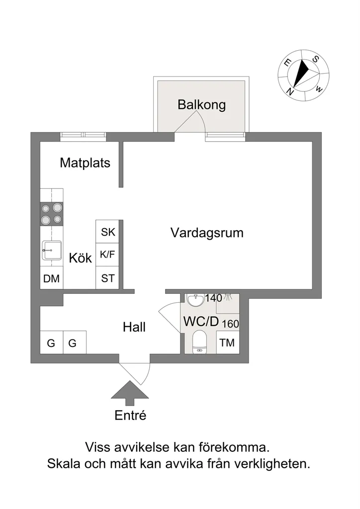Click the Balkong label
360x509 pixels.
[201, 105]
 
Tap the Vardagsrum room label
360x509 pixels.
[207, 233]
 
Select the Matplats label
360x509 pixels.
[85, 163]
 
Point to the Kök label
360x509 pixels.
[81, 258]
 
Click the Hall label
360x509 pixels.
[134, 327]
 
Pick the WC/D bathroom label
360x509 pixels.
[201, 322]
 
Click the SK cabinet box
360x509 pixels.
[108, 232]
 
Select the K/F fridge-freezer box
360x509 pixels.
[108, 255]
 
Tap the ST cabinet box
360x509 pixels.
[108, 278]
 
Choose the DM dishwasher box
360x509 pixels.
[52, 278]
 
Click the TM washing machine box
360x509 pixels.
[228, 342]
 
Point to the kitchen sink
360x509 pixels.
[52, 251]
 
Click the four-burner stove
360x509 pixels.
[52, 214]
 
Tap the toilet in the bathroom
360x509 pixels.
[199, 342]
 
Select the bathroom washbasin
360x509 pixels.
[195, 300]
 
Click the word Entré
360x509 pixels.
[130, 415]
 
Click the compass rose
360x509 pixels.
[303, 76]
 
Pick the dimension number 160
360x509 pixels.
[231, 324]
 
